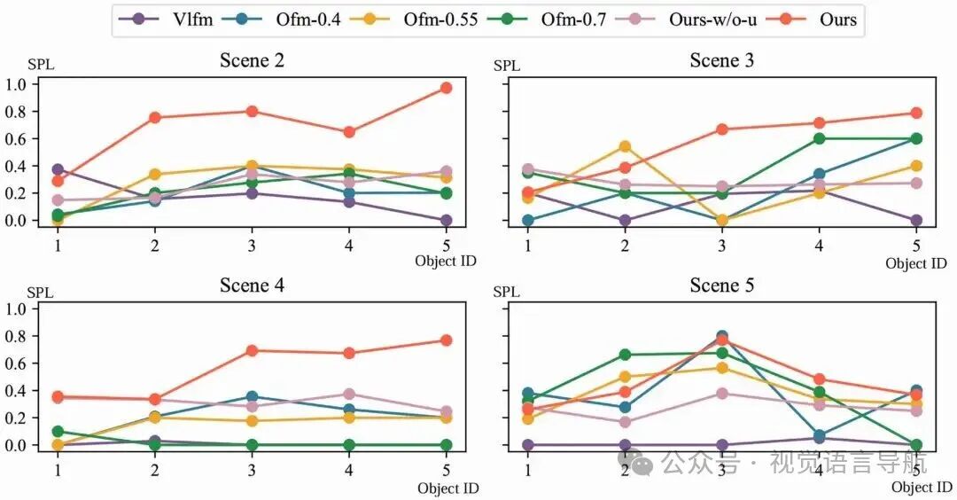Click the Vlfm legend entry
(x=190, y=19)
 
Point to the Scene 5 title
(x=727, y=285)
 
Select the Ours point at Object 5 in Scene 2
(x=447, y=88)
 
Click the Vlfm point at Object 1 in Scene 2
(x=58, y=169)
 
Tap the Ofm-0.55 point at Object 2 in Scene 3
(x=626, y=146)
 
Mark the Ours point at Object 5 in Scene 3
(x=916, y=113)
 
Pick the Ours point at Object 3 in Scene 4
(x=253, y=350)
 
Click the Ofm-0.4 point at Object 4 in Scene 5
(x=819, y=435)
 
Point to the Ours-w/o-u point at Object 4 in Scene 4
(x=349, y=395)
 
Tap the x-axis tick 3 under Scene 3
(x=722, y=243)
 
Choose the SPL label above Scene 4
(x=41, y=292)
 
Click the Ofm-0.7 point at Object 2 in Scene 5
(x=626, y=355)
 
